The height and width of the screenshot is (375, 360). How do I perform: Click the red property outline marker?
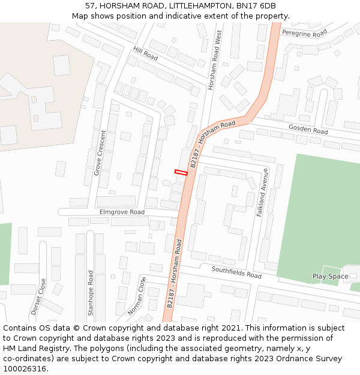point(181,173)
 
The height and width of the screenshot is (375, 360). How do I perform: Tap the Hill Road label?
point(145,54)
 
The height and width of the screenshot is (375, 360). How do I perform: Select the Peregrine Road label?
point(304,32)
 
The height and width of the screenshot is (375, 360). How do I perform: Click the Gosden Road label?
point(308,129)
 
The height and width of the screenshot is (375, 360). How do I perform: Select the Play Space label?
point(330,277)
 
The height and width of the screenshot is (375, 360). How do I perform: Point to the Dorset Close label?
point(38,296)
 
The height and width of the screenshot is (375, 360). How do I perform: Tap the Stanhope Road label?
point(91,293)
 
